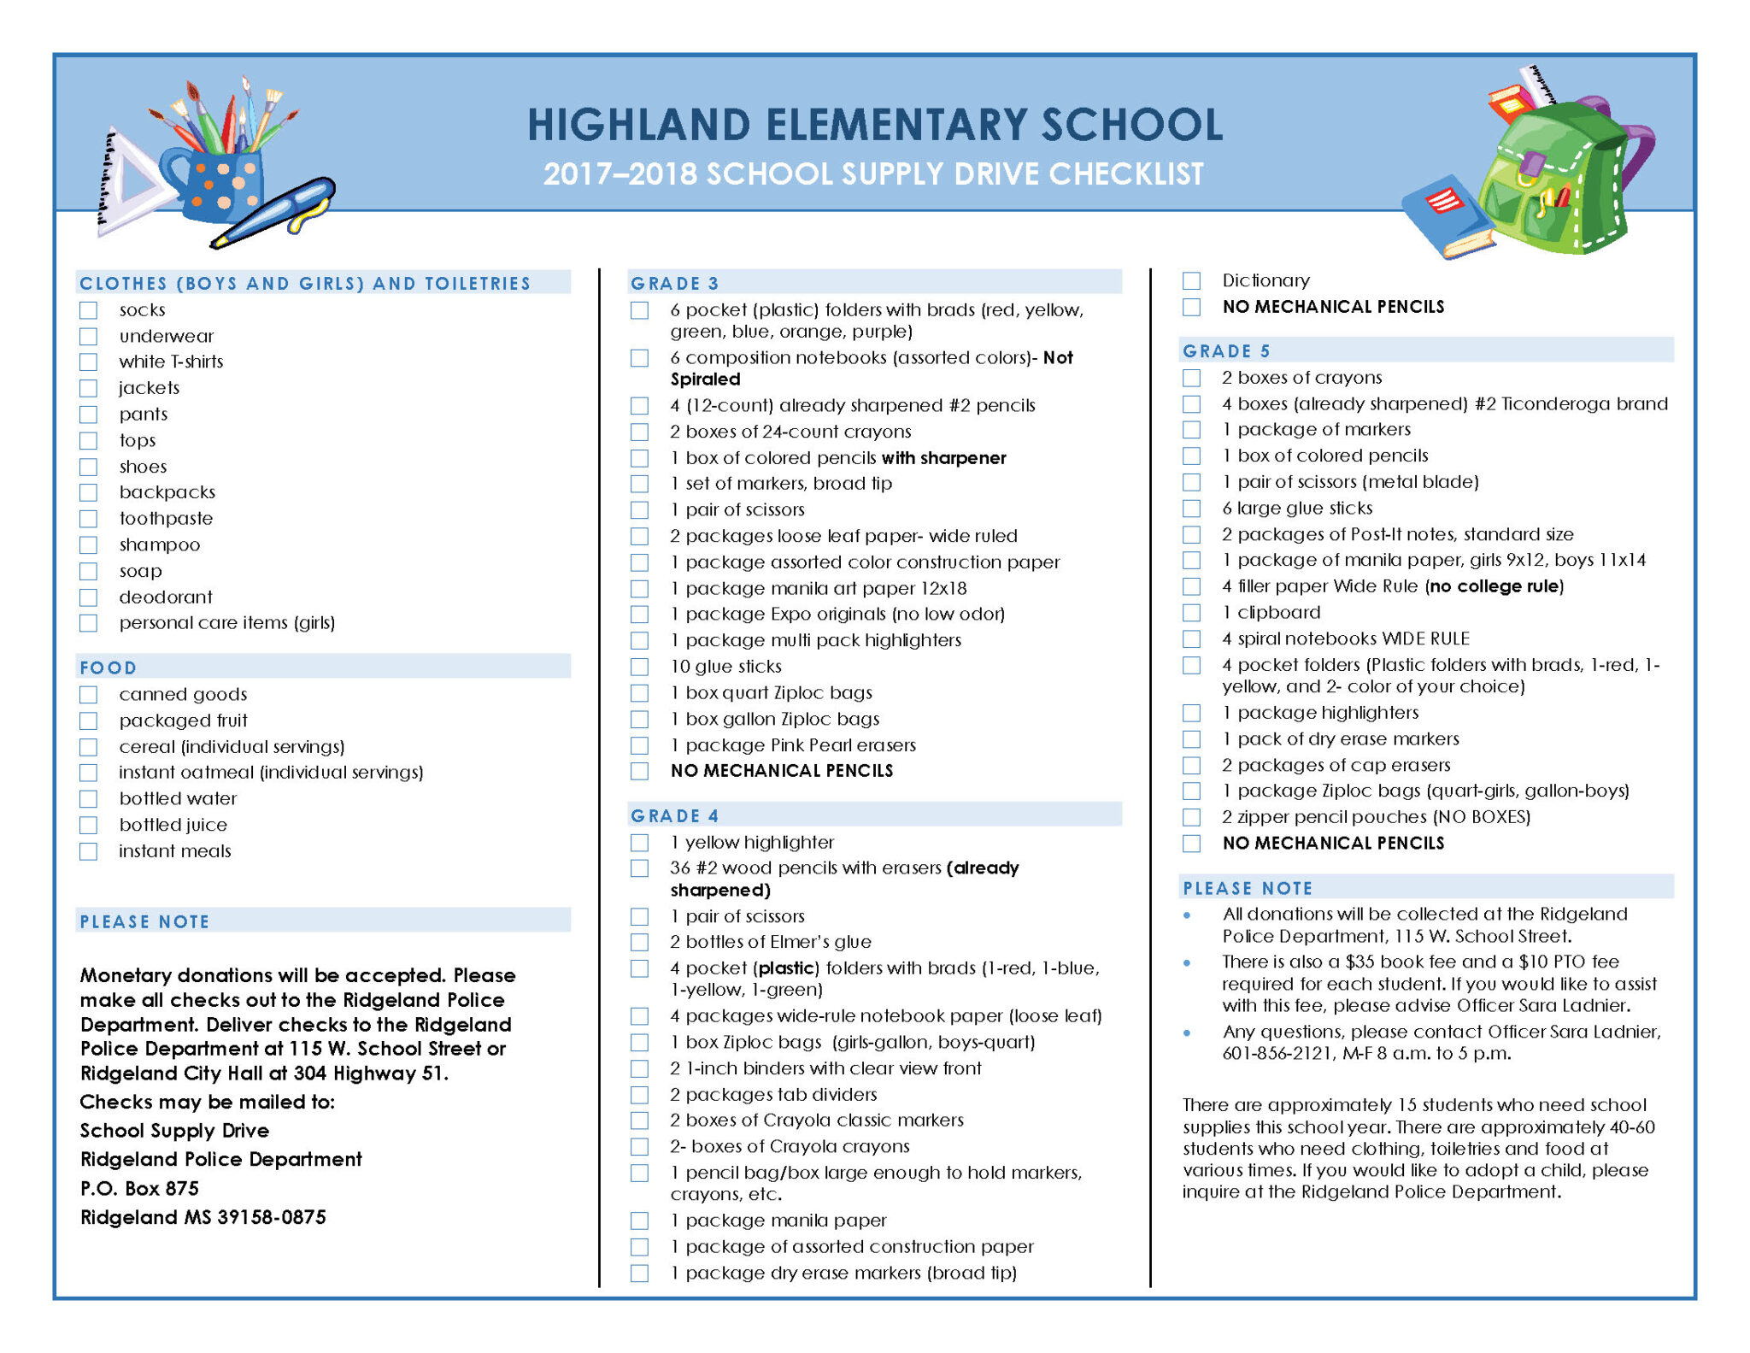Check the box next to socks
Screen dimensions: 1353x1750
[x=88, y=309]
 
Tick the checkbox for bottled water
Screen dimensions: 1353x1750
[x=88, y=799]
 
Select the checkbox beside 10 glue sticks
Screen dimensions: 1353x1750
[x=639, y=667]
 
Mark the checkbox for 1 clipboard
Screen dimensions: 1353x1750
[x=1191, y=613]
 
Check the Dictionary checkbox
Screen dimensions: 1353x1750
[x=1191, y=280]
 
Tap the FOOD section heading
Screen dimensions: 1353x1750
[x=109, y=668]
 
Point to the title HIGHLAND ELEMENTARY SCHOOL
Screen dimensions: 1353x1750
[x=874, y=124]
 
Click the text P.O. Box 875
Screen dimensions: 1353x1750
[x=139, y=1188]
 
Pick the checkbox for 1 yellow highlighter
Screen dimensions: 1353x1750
[x=639, y=843]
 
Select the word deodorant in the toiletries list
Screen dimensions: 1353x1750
[x=166, y=597]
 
